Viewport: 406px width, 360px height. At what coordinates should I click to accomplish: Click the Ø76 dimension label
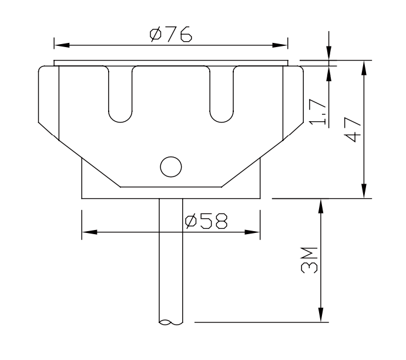point(170,35)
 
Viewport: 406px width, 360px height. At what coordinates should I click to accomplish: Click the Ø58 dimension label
point(205,222)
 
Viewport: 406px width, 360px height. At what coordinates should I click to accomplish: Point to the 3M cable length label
point(310,259)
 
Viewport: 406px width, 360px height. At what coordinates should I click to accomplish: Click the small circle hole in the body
point(170,166)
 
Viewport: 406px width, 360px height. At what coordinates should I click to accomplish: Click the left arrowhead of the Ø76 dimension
point(61,45)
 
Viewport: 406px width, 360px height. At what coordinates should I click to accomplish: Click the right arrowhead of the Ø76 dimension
point(281,45)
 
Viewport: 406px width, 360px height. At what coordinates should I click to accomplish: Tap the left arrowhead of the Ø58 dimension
point(89,232)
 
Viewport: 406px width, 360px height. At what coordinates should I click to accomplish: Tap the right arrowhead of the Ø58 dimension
point(253,232)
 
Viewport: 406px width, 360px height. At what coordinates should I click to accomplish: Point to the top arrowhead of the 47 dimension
point(365,67)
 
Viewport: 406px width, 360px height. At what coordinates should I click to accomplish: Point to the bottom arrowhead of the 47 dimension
point(365,192)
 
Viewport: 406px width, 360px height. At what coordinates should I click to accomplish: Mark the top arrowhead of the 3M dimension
point(321,206)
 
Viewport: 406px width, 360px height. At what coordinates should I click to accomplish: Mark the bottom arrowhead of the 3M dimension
point(321,315)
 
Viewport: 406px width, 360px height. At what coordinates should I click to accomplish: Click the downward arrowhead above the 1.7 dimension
point(329,54)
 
